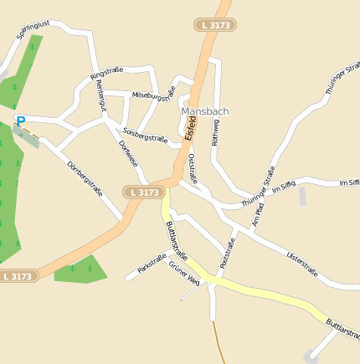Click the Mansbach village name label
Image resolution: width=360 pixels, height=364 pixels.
[x=204, y=110]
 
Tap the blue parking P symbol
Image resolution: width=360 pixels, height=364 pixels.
[x=21, y=121]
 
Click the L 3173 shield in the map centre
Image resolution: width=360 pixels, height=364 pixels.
[x=143, y=192]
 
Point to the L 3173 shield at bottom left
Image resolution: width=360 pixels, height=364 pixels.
[x=18, y=275]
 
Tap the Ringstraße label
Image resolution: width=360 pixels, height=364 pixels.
[x=106, y=74]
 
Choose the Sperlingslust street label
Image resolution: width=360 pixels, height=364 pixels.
[x=33, y=31]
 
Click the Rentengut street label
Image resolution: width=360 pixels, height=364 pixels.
[x=101, y=99]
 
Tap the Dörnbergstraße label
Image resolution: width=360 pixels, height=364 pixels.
[x=84, y=177]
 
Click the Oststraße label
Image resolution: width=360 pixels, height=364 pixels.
[x=193, y=167]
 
